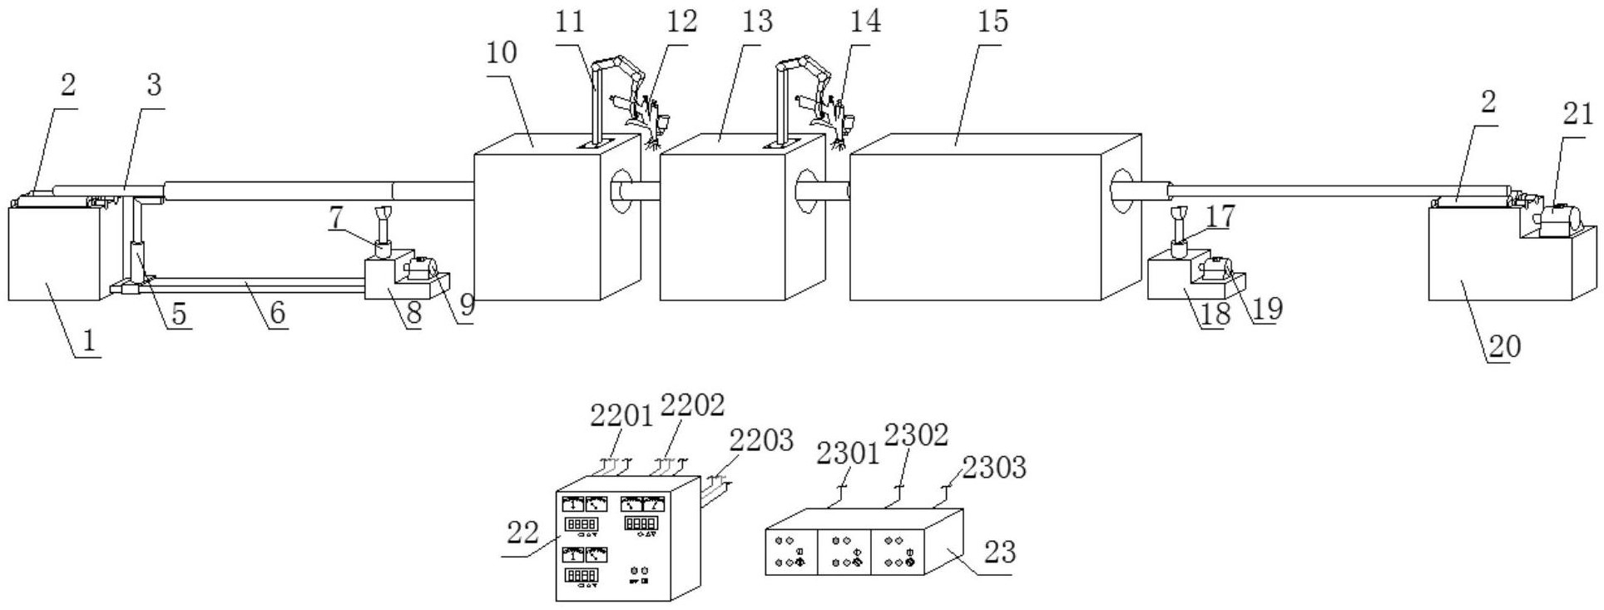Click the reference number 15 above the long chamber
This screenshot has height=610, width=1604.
pos(993,21)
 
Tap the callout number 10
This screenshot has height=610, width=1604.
pos(501,52)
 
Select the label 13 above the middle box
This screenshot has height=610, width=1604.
pos(758,21)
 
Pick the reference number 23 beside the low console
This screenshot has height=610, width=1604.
pos(999,551)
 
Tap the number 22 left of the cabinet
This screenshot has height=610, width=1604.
pos(523,532)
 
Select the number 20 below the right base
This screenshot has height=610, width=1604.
pos(1504,346)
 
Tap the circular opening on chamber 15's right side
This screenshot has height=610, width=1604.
pos(1122,192)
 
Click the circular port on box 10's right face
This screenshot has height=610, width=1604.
pos(621,193)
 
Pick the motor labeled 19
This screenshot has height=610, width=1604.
pos(1215,270)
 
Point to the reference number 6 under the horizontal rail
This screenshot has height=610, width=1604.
pos(278,313)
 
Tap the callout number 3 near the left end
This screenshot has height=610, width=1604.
pos(154,85)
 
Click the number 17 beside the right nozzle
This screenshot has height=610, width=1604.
pos(1220,216)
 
